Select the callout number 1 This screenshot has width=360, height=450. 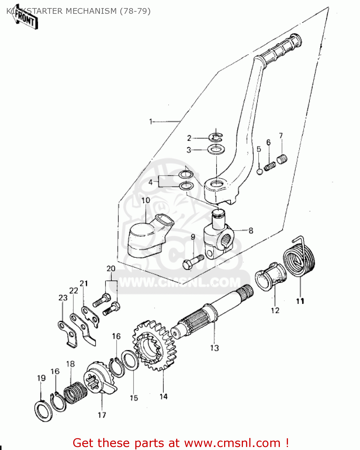coord(151,121)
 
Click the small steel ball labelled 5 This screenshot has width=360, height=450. coord(260,172)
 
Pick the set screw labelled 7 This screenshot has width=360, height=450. coord(282,159)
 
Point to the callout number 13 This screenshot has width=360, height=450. coord(214,348)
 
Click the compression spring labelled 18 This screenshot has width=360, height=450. coord(75,392)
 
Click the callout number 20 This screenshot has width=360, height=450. coord(111,268)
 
